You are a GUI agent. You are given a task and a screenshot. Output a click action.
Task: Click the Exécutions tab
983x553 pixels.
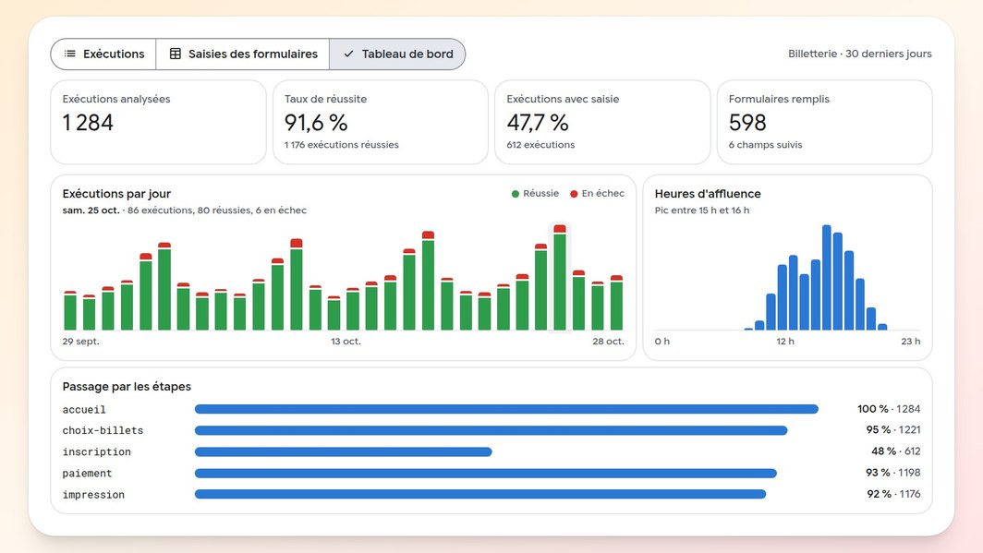103,54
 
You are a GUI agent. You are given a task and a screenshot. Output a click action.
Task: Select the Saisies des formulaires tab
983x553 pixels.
243,54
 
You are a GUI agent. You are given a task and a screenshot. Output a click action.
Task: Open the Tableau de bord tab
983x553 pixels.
397,54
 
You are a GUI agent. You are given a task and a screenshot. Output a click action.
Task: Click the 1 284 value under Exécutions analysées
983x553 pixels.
88,122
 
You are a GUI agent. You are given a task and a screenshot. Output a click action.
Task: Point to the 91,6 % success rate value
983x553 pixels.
316,122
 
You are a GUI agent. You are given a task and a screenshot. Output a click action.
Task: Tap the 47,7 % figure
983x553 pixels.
538,122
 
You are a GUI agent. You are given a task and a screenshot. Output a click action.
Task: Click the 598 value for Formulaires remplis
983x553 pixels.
747,122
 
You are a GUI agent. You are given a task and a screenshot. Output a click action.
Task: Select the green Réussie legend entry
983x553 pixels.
535,194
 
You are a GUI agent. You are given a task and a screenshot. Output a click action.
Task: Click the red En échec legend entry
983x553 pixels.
597,194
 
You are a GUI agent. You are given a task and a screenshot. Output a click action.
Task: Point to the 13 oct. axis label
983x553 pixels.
346,342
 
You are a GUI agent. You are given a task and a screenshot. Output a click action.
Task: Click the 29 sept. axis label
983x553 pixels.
81,342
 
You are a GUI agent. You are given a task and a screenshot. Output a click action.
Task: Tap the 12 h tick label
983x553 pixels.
785,342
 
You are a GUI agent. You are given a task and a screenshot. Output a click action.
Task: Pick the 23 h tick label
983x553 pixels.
911,342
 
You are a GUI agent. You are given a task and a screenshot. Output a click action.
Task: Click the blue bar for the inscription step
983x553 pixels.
344,451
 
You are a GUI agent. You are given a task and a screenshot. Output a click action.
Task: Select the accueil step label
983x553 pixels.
84,410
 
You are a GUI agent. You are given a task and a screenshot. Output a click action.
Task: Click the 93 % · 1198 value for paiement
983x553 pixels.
893,473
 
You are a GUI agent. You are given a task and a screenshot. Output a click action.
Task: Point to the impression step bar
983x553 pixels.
480,494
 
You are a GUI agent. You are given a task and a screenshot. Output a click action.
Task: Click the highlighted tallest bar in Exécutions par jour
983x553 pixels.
560,278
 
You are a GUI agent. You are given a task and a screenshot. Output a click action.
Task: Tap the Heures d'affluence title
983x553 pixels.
708,194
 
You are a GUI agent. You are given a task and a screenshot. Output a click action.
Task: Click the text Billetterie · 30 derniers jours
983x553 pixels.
860,54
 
